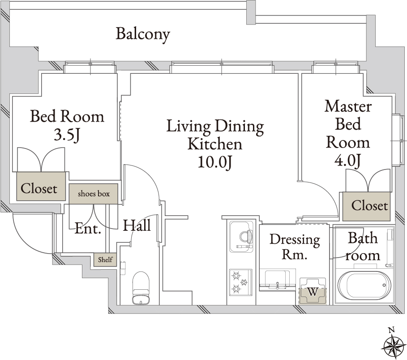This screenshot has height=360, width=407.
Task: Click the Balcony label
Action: point(143,34)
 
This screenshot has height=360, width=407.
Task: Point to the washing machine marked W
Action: point(313,291)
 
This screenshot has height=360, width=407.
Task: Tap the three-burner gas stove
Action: point(240,282)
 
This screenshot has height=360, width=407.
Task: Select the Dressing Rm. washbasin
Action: point(278,280)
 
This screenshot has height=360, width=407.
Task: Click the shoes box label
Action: point(94,194)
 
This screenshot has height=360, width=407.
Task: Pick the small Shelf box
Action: point(105,259)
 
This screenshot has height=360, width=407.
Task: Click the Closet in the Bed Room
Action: point(41,186)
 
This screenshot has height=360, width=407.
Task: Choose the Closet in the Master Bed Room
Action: point(367,206)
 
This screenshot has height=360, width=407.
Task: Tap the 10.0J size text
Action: point(214,162)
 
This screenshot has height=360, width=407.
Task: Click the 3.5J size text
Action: point(67,135)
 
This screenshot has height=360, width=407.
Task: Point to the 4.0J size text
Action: point(348,161)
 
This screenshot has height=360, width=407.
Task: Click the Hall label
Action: point(137,225)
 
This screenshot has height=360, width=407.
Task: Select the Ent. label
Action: point(88,229)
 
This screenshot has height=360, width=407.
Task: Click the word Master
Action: point(348,106)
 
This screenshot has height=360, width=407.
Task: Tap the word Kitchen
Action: point(214,144)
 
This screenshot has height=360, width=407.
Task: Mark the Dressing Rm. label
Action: point(295,247)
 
